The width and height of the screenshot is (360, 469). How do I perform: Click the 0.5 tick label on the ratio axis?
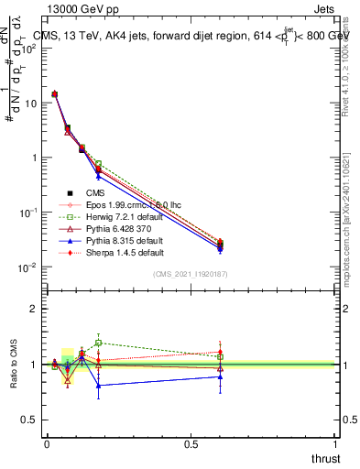[29, 420]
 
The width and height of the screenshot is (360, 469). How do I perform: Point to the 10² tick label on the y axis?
[27, 48]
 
